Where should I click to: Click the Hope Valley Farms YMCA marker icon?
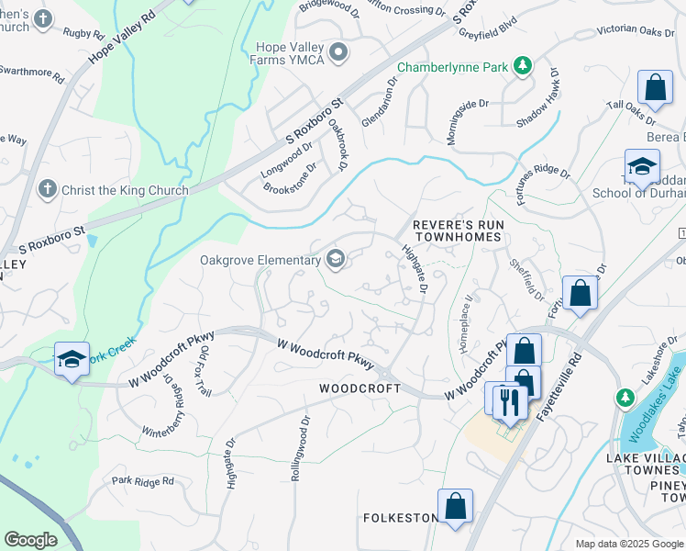340,52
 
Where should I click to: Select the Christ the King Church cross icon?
48,190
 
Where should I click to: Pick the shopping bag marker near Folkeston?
455,506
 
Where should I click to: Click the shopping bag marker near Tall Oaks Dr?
655,89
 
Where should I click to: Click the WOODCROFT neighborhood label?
359,388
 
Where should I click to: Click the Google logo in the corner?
30,540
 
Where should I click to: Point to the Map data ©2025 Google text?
628,544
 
